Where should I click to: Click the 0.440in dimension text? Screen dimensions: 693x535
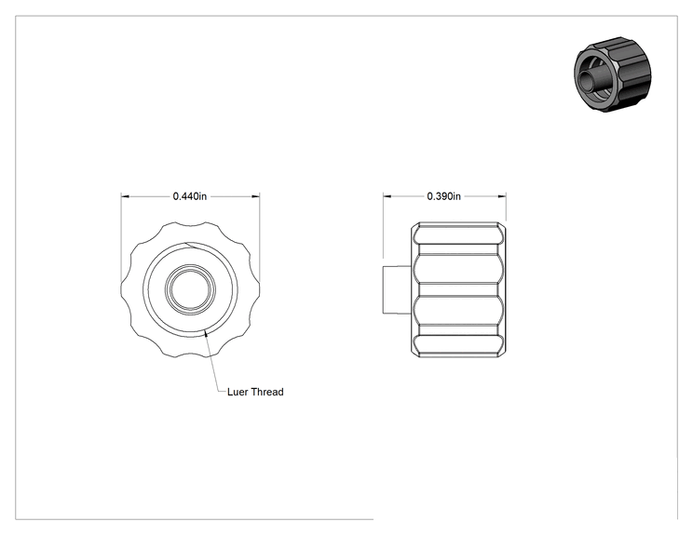click(190, 196)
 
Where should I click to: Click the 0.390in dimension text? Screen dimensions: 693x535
click(443, 196)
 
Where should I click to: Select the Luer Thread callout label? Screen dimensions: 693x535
click(255, 392)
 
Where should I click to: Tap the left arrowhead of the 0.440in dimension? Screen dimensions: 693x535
click(125, 196)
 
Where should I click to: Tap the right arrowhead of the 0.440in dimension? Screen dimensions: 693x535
click(256, 196)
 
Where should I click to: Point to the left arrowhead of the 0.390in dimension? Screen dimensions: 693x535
click(387, 196)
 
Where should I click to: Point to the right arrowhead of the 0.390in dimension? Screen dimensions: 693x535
click(502, 196)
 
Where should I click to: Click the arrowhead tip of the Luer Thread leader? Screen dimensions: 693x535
click(205, 330)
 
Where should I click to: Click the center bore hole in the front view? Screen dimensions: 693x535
click(190, 289)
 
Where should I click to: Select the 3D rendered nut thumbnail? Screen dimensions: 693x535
click(613, 74)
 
